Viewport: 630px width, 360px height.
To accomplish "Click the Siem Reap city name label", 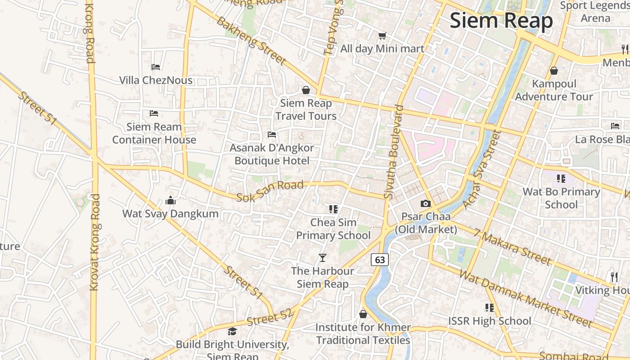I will click(x=501, y=21).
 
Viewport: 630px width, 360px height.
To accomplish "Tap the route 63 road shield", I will click(x=380, y=260).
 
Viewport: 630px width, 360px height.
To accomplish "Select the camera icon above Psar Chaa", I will click(x=425, y=204).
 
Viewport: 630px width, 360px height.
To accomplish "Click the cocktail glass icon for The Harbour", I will click(x=322, y=258).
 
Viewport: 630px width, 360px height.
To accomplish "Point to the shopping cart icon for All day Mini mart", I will click(x=382, y=36).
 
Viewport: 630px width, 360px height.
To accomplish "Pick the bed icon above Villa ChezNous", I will click(x=156, y=67).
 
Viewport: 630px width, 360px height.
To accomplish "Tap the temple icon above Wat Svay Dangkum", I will click(x=171, y=200).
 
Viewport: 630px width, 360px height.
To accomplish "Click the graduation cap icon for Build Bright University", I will click(x=232, y=332).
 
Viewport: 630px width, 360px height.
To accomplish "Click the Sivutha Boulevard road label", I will click(x=393, y=152).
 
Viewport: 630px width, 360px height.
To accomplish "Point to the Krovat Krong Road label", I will click(x=94, y=242).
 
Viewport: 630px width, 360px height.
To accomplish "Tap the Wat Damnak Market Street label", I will click(x=526, y=298).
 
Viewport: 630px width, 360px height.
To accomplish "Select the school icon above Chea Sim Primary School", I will click(x=333, y=209).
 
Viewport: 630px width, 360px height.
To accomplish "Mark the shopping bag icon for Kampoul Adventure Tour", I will click(x=554, y=71).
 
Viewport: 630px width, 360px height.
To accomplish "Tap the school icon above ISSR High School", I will click(x=490, y=308).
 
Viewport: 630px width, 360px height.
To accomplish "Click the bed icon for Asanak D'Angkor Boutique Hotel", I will click(x=271, y=135).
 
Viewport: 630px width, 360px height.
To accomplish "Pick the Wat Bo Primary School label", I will click(x=561, y=198).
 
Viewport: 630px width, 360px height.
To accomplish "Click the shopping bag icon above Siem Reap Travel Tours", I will click(x=306, y=90).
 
